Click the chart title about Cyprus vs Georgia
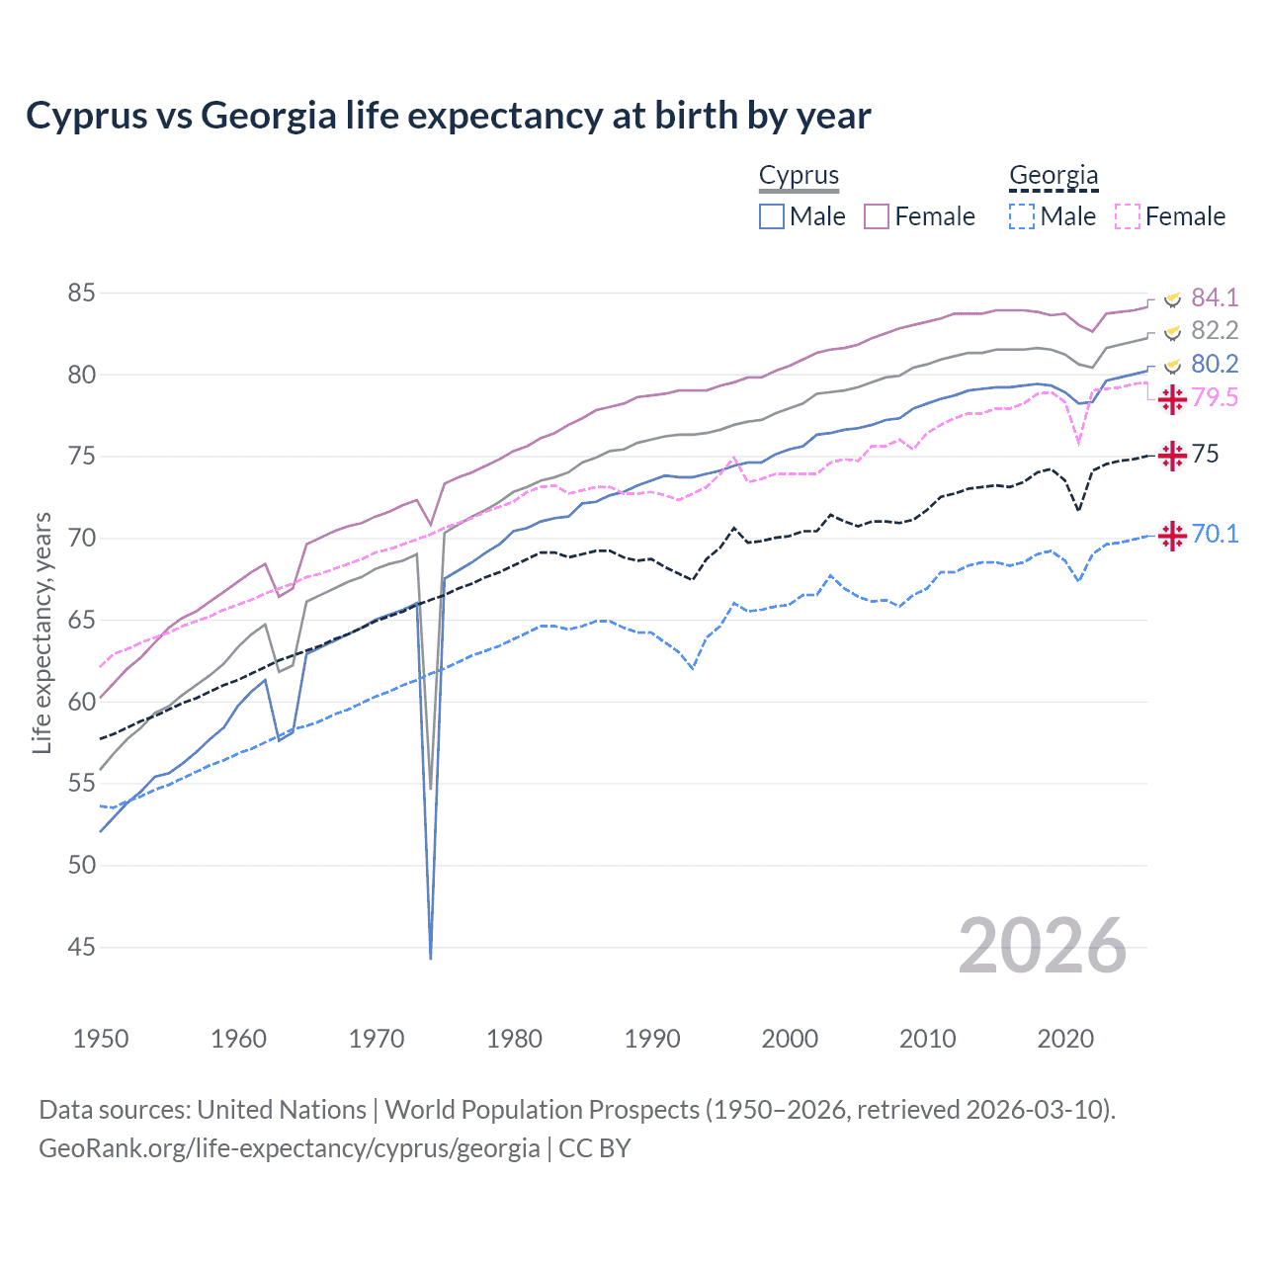click(449, 116)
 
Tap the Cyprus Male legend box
click(772, 216)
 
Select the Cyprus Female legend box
click(878, 216)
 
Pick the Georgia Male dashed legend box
click(1022, 216)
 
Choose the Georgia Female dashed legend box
click(1128, 216)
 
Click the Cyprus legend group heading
click(799, 176)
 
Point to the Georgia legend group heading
click(1054, 176)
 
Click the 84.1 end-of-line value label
click(1214, 297)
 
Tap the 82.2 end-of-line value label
click(1214, 330)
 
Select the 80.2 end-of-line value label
click(1214, 364)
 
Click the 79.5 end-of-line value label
click(1214, 397)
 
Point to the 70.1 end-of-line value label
click(1214, 534)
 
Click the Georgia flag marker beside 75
click(1172, 456)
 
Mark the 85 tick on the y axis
click(82, 294)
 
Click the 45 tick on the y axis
click(82, 947)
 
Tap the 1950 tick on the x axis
click(101, 1039)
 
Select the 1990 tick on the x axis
click(652, 1039)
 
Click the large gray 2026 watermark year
click(1042, 946)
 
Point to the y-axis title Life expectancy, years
click(42, 632)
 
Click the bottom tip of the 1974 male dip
click(431, 958)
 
